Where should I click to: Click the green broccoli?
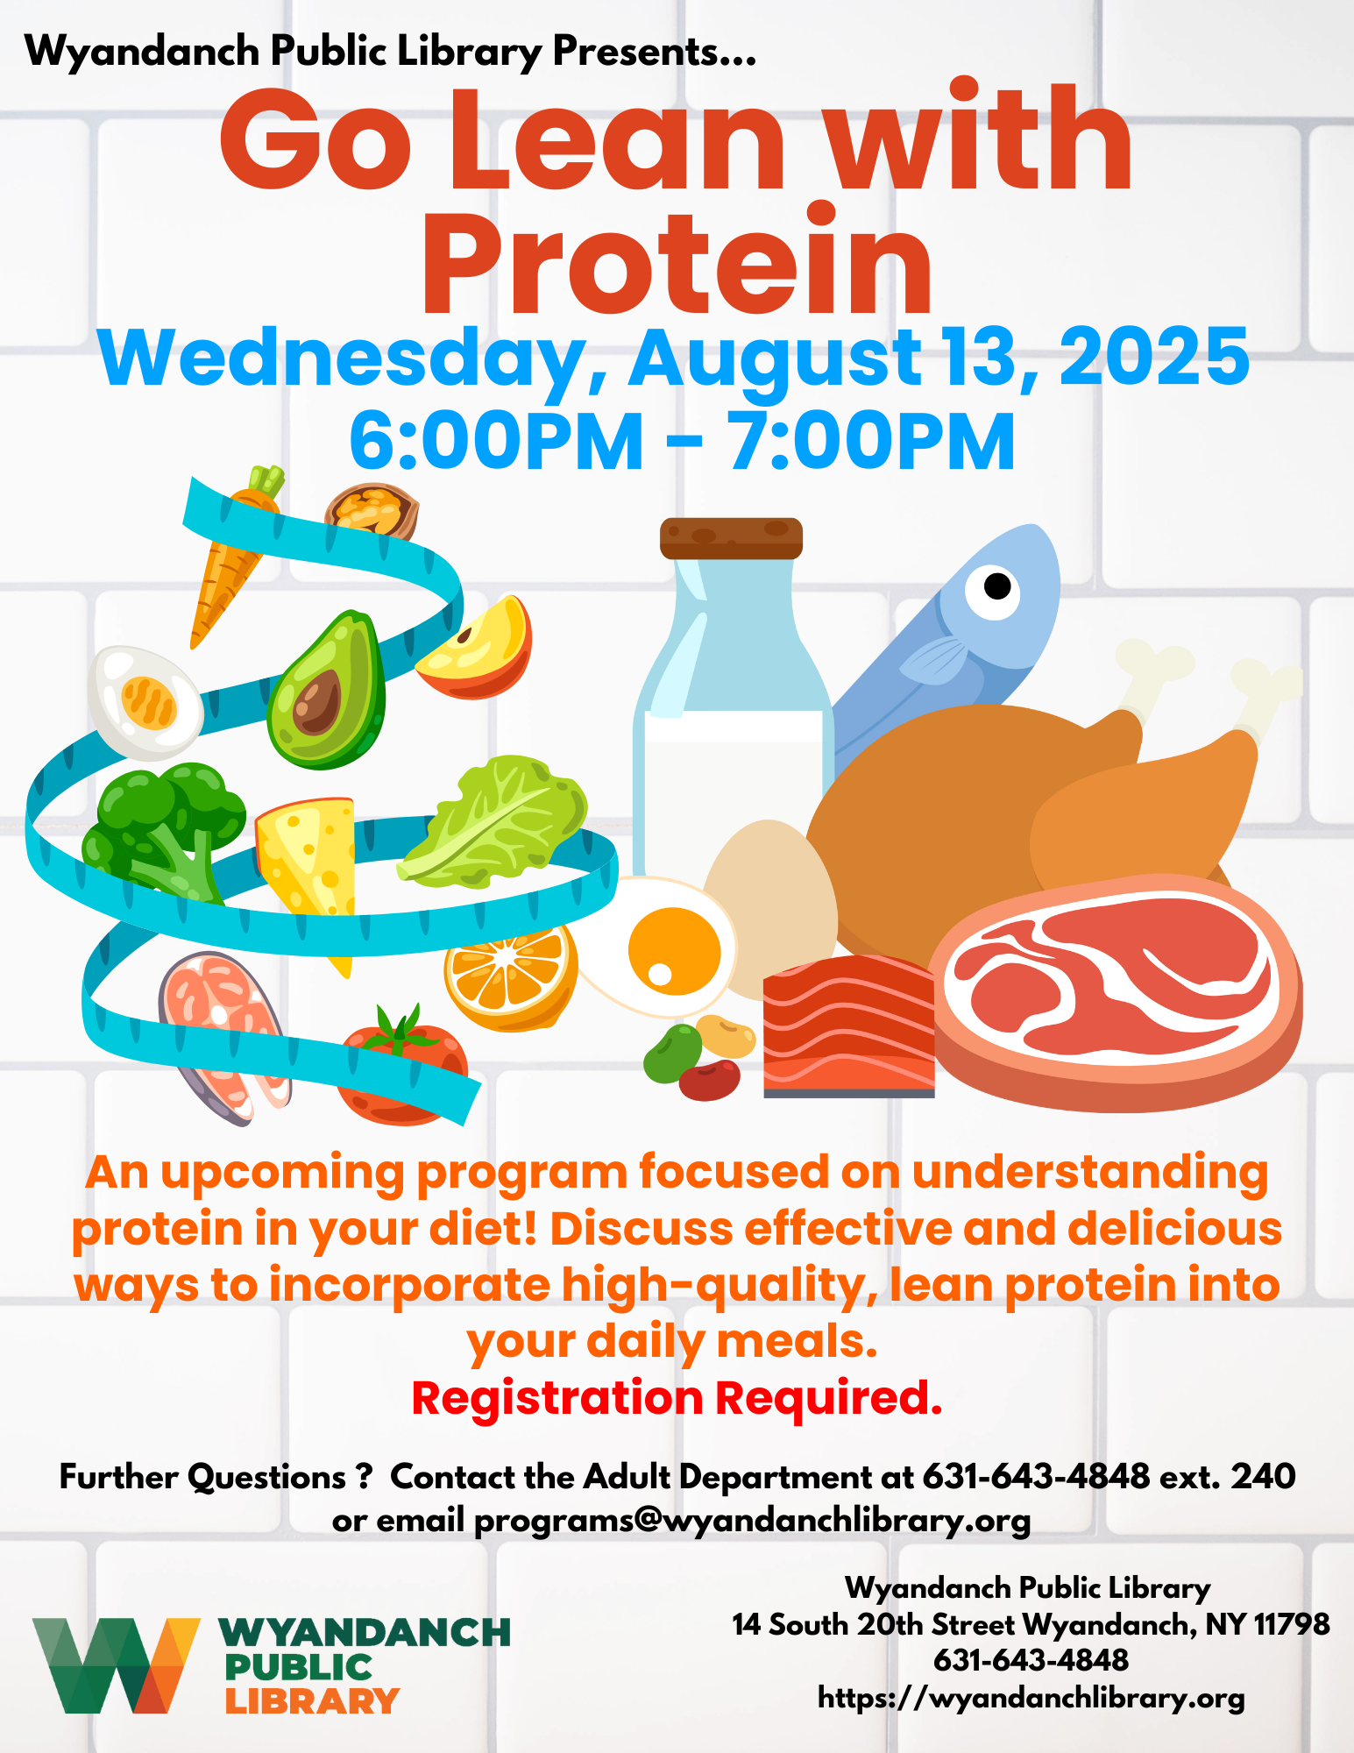coord(162,828)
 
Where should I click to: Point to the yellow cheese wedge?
coord(307,868)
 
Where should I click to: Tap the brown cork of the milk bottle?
coord(731,537)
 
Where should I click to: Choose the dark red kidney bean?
coord(709,1080)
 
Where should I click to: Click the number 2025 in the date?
coord(1154,356)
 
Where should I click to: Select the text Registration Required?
coord(677,1397)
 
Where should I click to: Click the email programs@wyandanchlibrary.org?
coord(752,1521)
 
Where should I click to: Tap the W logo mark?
coord(117,1664)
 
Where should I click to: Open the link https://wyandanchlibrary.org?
coord(1031,1698)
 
